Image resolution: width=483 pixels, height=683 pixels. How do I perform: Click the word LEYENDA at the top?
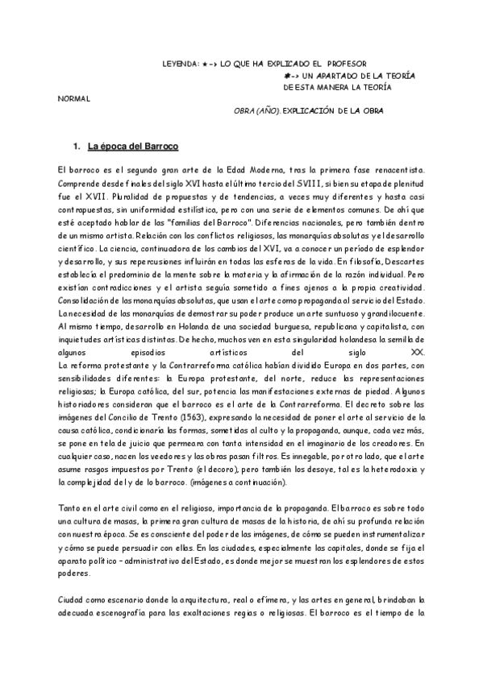coord(177,63)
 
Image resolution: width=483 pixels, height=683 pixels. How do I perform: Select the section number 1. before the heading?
coord(77,147)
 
